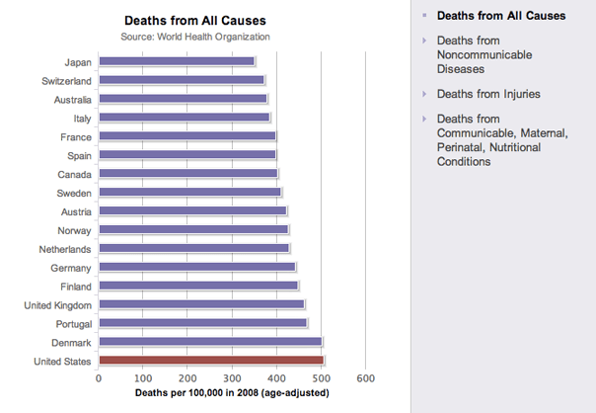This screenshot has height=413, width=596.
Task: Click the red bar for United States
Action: click(211, 361)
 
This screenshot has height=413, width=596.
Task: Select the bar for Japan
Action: click(177, 61)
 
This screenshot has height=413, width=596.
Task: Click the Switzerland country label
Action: click(67, 80)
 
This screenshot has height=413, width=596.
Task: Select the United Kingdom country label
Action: click(57, 305)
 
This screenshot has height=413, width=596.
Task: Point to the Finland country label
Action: click(73, 287)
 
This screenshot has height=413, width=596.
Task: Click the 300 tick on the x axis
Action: click(232, 378)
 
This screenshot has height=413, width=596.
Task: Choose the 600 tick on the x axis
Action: click(365, 378)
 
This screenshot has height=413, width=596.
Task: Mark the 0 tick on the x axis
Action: click(99, 378)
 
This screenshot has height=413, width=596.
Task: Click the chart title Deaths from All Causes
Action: click(194, 20)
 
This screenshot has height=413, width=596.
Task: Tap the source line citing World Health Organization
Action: click(194, 37)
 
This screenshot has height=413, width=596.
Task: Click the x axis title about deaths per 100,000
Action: click(232, 392)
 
